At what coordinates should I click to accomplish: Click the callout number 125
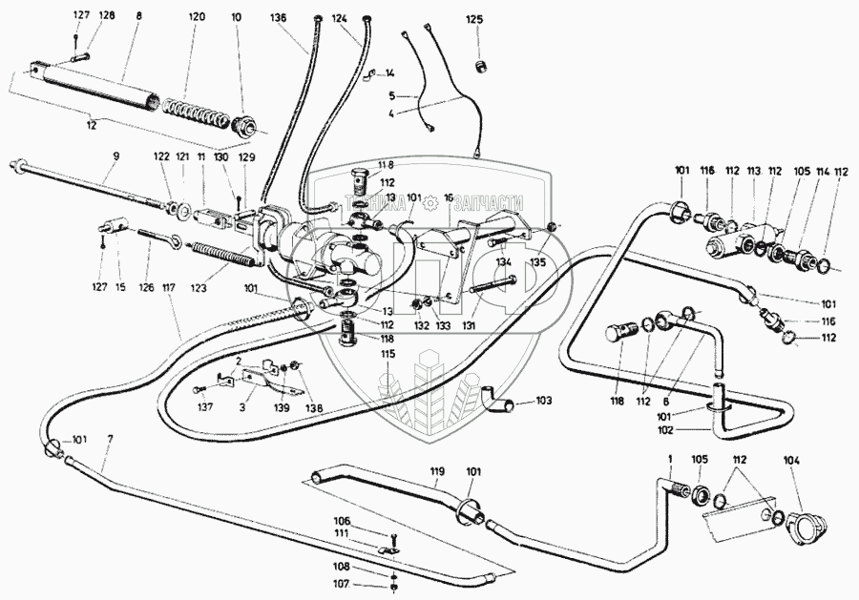tap(474, 19)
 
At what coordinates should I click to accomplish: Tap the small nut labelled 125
tap(482, 64)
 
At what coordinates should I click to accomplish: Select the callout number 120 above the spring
tap(197, 17)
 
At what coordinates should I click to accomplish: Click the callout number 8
tap(139, 17)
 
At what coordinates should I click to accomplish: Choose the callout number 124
tap(341, 17)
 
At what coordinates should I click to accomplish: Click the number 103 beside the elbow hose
tap(544, 402)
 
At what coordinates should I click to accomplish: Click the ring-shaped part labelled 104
tap(800, 524)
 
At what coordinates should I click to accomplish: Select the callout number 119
tap(437, 470)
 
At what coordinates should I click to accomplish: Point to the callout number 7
tap(110, 438)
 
